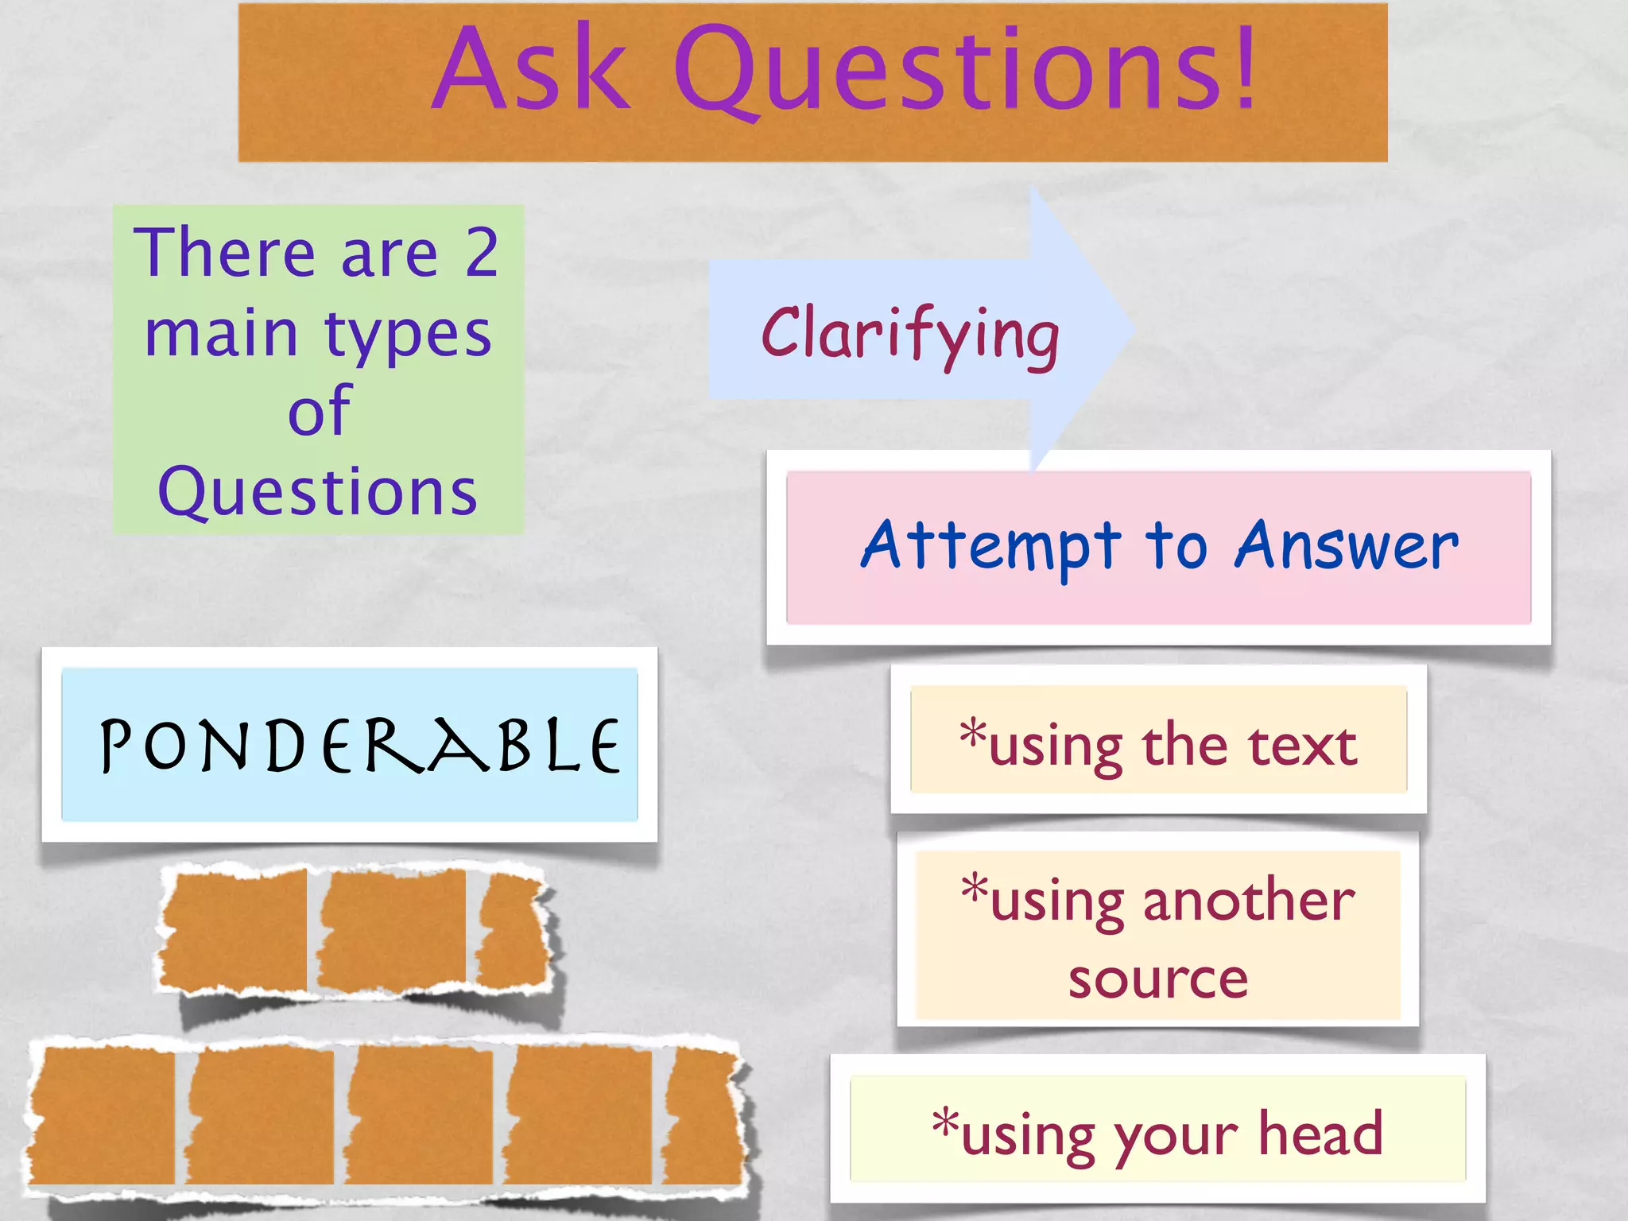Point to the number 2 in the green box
482,253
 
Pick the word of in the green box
320,411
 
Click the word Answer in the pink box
1347,547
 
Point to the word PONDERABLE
359,746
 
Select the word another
1249,901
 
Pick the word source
1158,979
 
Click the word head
1320,1133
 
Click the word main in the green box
221,334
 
